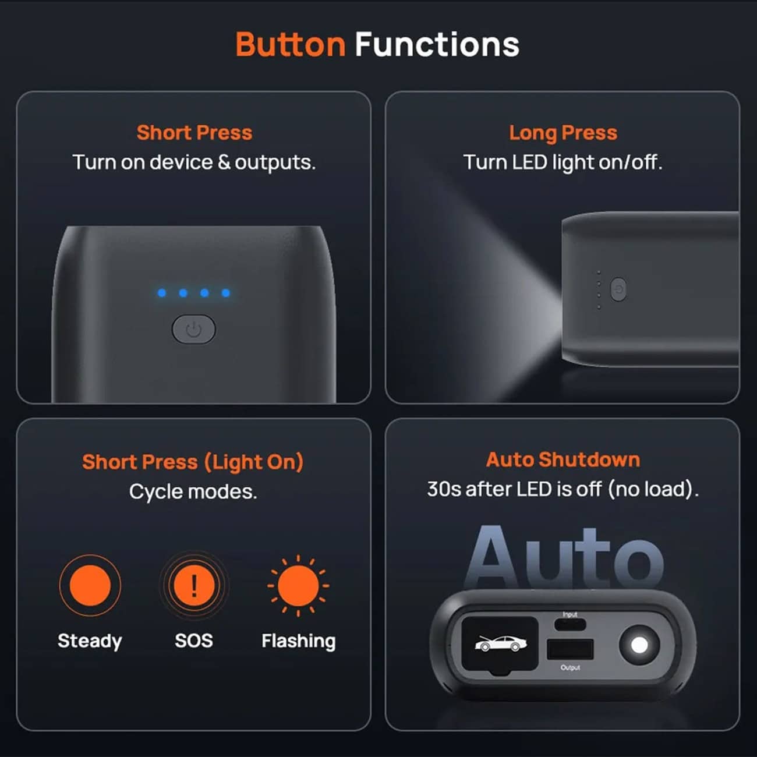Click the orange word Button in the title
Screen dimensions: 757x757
(291, 45)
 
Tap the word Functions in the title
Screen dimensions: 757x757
(437, 45)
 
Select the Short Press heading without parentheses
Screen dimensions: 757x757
(194, 133)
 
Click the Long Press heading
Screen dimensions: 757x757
(563, 133)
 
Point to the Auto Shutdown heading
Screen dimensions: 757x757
(563, 459)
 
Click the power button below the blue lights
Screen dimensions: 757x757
(194, 329)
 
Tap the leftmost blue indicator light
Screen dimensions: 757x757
(162, 293)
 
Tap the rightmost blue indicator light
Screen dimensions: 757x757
(226, 293)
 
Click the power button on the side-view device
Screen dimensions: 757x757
(618, 289)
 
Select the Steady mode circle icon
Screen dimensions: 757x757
(90, 585)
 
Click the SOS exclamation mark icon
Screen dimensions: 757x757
(194, 585)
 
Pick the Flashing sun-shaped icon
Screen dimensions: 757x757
(298, 586)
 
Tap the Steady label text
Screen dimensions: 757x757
(90, 642)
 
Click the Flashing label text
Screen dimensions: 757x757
(299, 642)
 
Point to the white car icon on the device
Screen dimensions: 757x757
(501, 643)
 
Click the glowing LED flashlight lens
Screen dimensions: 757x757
(639, 645)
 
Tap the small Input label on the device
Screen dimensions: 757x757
(570, 614)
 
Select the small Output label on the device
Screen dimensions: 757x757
(571, 667)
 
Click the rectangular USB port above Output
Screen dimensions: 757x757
(571, 649)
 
